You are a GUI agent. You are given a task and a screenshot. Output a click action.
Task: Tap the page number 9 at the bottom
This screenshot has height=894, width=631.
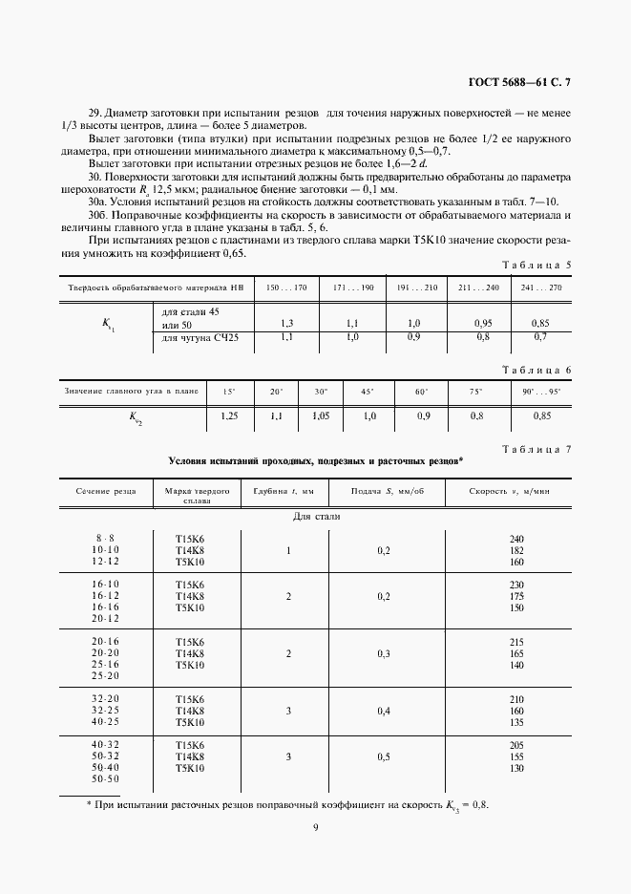coord(314,828)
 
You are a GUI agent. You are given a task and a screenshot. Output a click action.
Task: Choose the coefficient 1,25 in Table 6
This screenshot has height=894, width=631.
coord(229,415)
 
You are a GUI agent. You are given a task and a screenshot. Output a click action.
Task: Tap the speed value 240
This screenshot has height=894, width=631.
coord(518,539)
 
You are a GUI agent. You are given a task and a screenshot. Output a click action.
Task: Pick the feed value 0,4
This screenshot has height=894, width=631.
coord(384,711)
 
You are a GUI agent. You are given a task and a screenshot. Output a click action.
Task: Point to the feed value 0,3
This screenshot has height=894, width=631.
coord(384,653)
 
